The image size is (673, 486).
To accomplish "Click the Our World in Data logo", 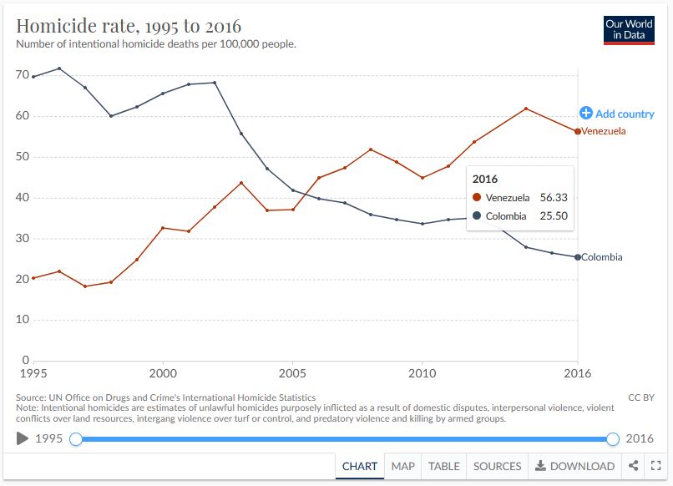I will [629, 30].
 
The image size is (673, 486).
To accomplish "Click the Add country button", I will [617, 114].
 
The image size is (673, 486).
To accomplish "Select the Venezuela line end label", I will [604, 131].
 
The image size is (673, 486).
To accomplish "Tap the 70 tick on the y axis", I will [23, 75].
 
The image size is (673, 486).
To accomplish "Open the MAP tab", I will [403, 466].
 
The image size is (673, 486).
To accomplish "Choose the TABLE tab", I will [444, 466].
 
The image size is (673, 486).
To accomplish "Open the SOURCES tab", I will [497, 466].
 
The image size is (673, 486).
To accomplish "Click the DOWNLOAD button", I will [575, 466].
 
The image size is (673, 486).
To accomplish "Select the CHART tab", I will [360, 466].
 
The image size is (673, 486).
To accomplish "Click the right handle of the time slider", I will [613, 439].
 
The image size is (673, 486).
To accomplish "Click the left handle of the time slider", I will [76, 439].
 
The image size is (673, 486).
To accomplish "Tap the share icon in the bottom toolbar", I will [634, 466].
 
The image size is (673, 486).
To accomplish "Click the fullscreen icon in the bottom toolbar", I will [656, 466].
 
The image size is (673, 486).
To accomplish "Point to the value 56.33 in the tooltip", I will [554, 197].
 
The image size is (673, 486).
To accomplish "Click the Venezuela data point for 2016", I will [577, 131].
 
